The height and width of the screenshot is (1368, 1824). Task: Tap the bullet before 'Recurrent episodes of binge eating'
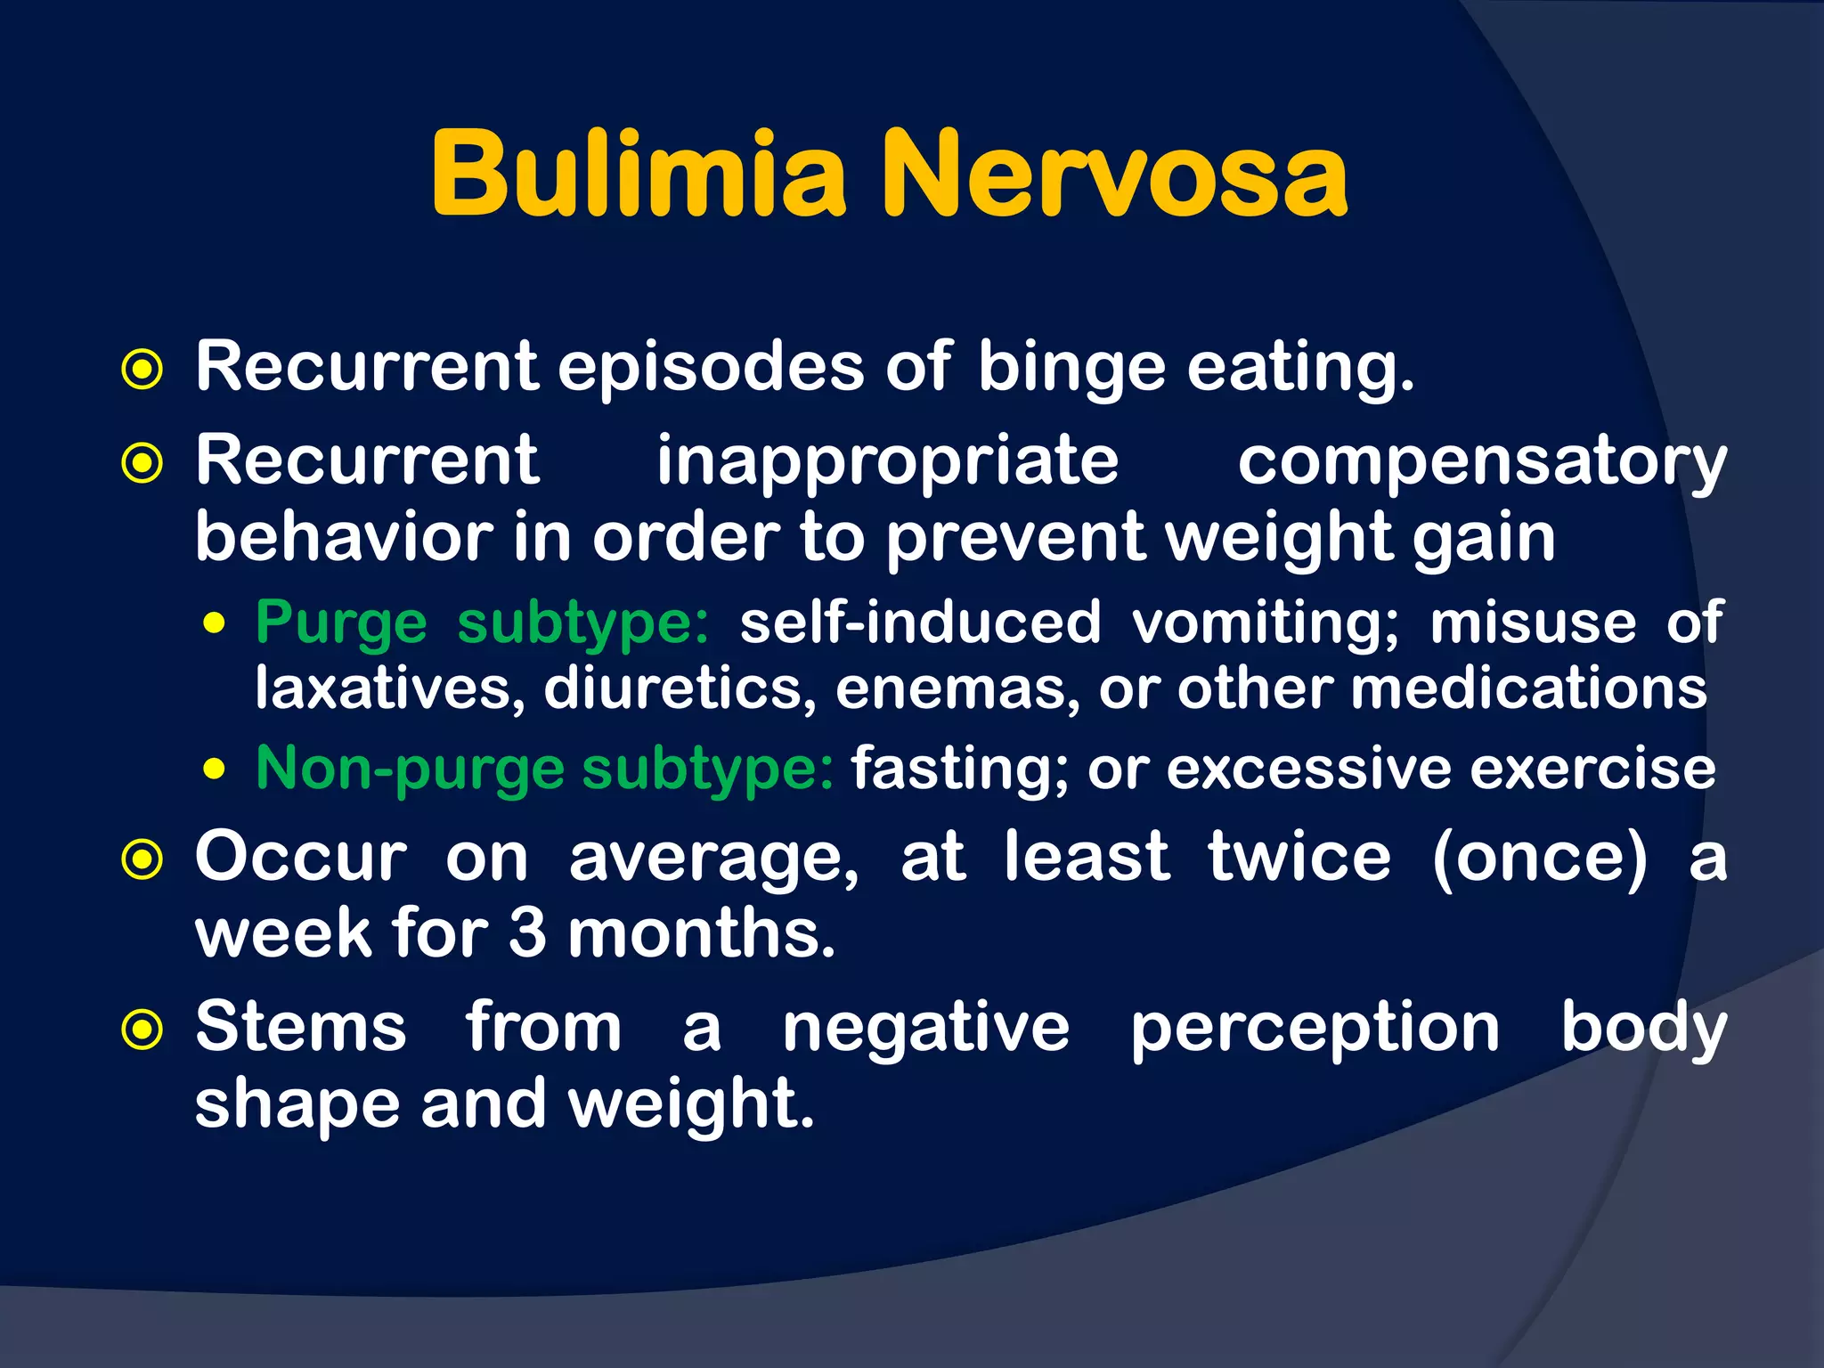pos(142,370)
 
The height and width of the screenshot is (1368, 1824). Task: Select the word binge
pos(1071,368)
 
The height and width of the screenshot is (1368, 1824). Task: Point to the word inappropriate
pos(887,462)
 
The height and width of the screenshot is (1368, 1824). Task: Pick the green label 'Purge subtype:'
pos(482,623)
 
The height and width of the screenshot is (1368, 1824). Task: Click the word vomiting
pos(1266,623)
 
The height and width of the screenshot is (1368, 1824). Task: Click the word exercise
pos(1592,769)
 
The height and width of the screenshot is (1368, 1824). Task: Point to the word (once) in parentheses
pos(1540,858)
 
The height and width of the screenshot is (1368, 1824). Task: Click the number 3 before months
pos(527,933)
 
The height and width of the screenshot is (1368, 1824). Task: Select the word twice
pos(1299,858)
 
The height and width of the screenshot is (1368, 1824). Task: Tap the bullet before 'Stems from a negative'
pos(142,1030)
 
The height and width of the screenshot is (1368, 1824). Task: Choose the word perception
pos(1315,1029)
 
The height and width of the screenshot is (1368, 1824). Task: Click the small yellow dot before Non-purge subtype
pos(214,769)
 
